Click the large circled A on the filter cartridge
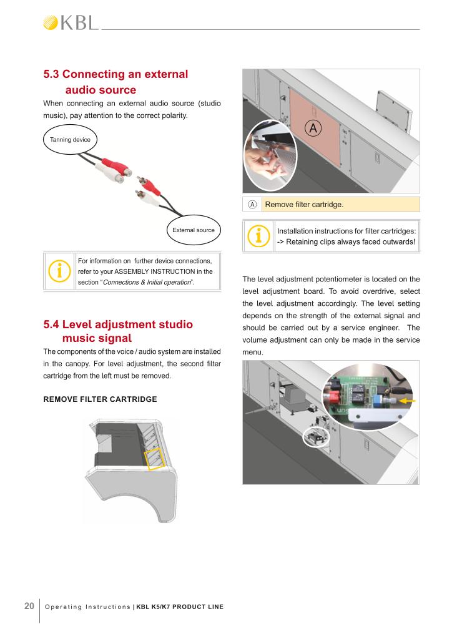pyautogui.click(x=313, y=128)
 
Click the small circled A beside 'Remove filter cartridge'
pyautogui.click(x=252, y=204)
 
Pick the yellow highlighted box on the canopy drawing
pyautogui.click(x=155, y=458)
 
